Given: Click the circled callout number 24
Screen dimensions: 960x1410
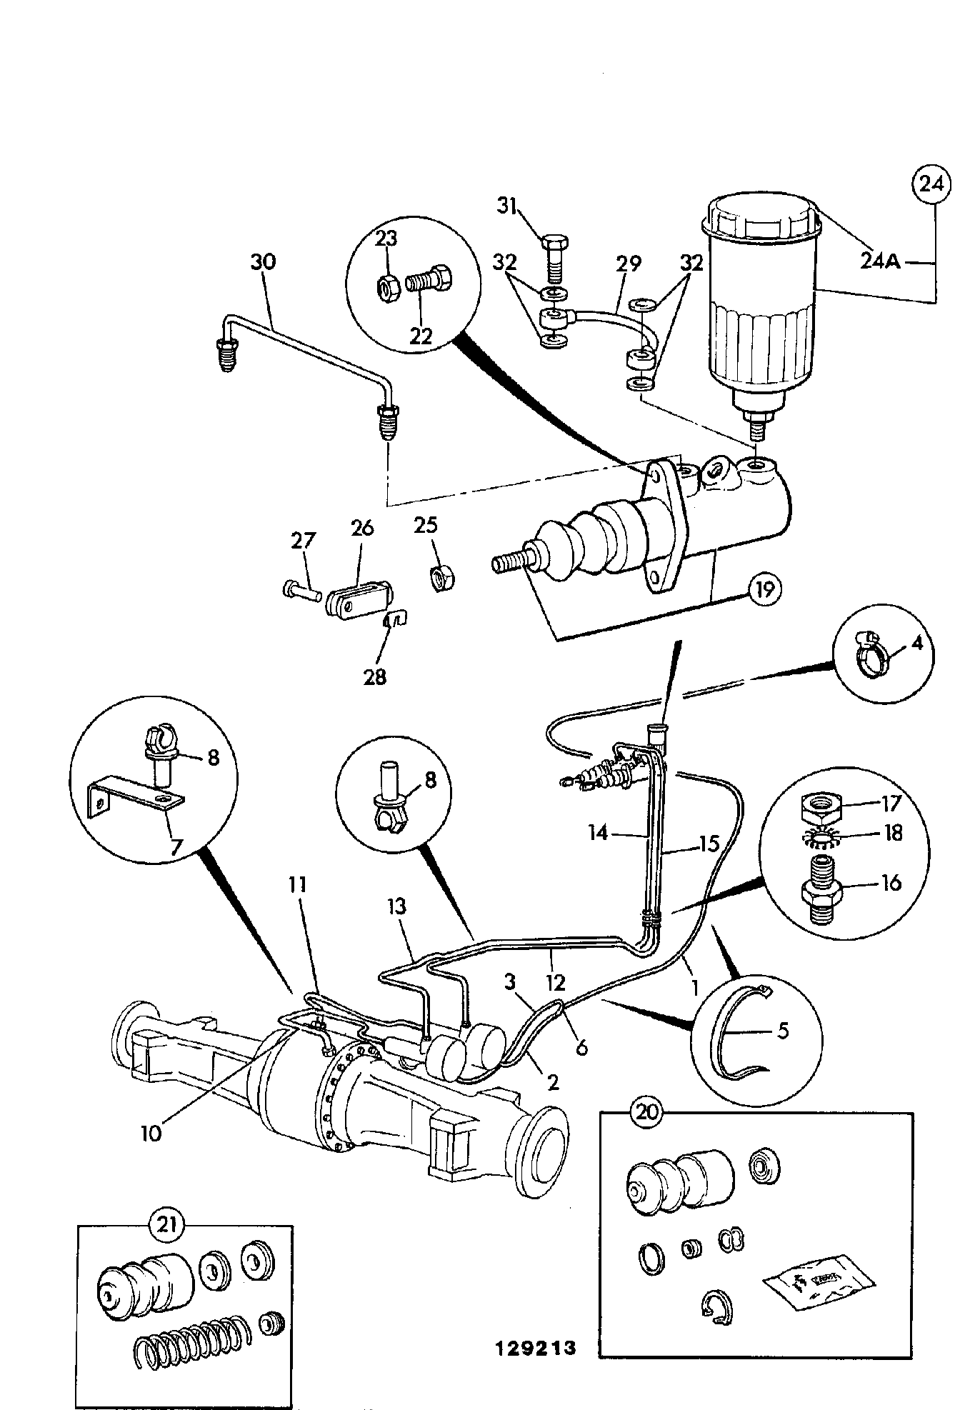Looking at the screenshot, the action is click(x=931, y=184).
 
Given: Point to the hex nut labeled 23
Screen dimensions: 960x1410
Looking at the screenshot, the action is click(x=389, y=288).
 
